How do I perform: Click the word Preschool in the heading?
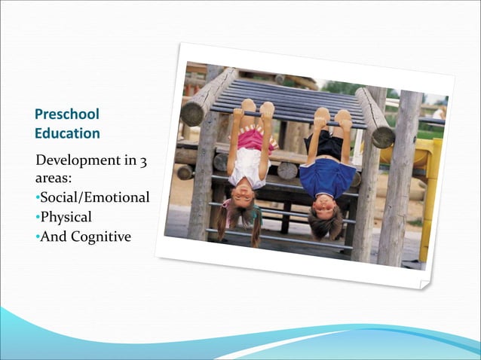67,114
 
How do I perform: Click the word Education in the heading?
67,133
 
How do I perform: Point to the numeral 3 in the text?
140,161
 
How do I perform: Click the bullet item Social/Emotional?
94,198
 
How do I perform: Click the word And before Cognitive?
53,236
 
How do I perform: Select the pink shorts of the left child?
256,139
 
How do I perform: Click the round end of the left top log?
194,113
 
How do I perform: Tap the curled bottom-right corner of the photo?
424,282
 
